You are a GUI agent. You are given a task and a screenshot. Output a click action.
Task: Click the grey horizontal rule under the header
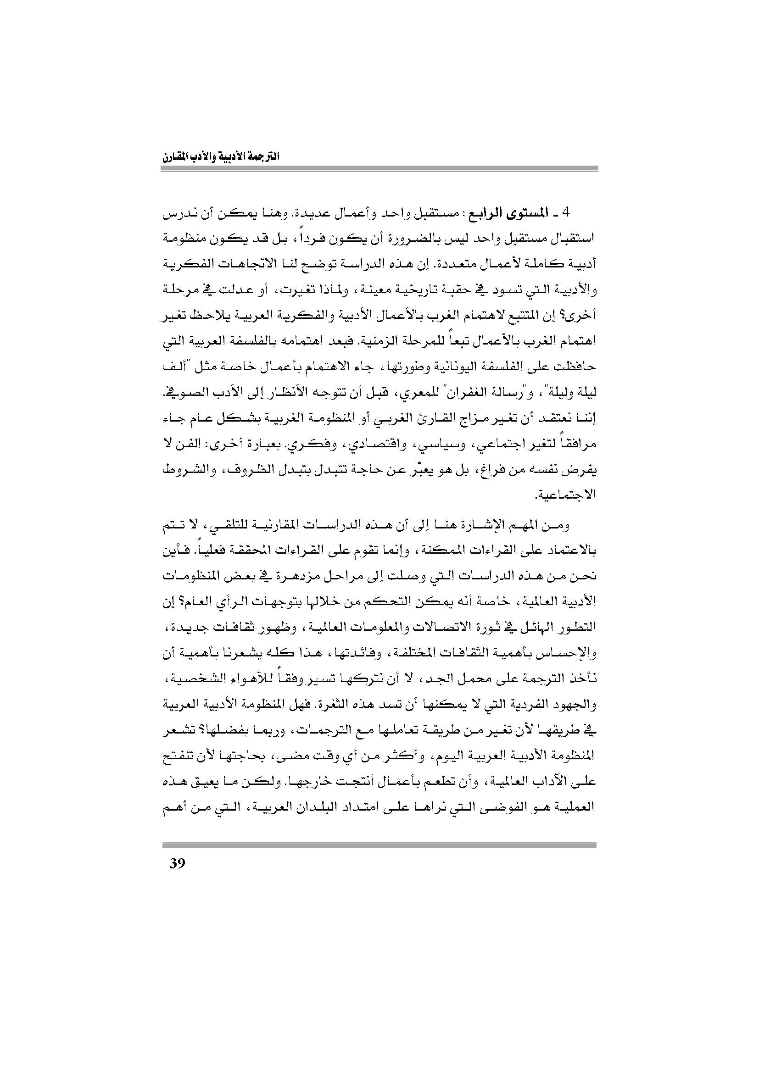tap(379, 170)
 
